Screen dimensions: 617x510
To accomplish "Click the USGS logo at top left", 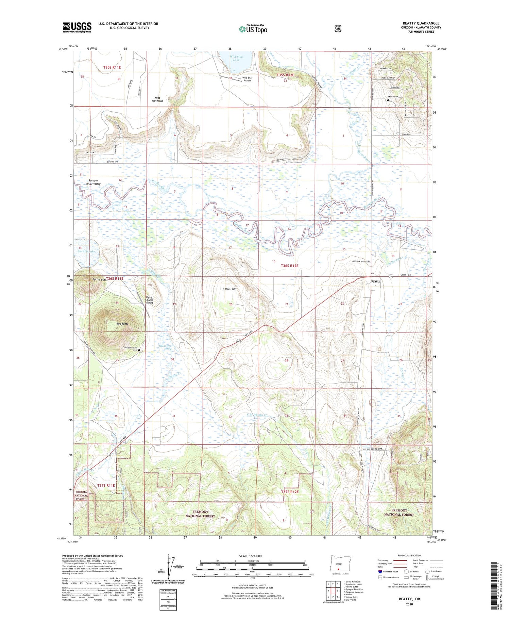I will (77, 27).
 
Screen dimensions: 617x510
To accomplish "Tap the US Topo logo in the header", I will (253, 29).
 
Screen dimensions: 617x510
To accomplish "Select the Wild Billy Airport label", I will (247, 79).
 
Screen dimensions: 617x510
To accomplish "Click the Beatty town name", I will (375, 281).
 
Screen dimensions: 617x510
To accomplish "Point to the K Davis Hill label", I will (230, 289).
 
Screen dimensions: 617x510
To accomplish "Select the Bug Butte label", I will (122, 324).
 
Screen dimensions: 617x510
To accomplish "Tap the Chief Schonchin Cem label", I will (130, 349).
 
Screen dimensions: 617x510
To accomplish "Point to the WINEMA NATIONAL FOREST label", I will (81, 496).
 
